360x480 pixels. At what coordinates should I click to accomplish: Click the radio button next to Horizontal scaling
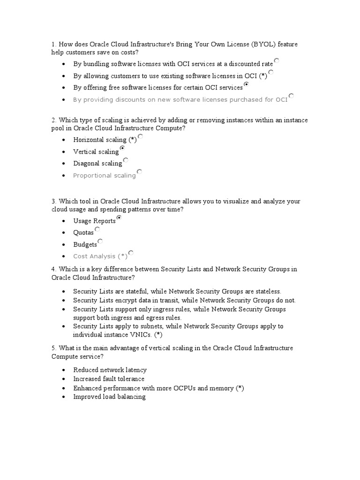141,137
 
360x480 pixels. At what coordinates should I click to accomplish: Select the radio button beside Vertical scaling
122,148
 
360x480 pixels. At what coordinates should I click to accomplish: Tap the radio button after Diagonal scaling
126,160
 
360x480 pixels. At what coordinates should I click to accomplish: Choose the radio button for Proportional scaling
139,172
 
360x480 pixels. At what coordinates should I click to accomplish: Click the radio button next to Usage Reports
119,218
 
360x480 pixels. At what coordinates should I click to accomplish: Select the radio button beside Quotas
97,229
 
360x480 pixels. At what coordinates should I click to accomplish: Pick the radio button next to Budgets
100,241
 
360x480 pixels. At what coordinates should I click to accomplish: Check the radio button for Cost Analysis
131,253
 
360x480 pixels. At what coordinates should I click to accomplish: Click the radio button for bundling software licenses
277,60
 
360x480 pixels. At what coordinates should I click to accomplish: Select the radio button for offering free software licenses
247,84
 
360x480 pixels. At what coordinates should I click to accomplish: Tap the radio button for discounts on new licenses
291,96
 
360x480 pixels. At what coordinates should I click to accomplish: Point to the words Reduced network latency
110,370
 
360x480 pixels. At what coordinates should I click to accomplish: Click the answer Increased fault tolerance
109,379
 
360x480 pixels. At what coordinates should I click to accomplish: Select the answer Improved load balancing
109,397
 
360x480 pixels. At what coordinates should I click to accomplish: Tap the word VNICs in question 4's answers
139,335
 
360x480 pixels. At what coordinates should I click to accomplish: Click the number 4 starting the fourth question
54,270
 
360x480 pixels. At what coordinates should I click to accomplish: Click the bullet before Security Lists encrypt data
64,300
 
